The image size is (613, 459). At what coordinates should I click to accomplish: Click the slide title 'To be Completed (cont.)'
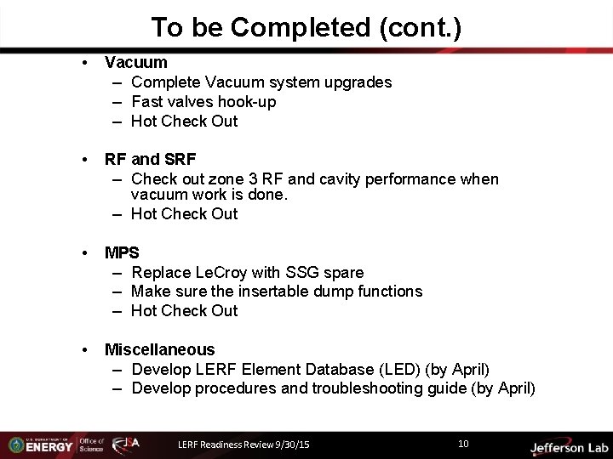pyautogui.click(x=306, y=27)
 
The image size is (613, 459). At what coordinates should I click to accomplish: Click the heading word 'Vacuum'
pyautogui.click(x=135, y=62)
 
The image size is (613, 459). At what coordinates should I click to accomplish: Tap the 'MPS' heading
pyautogui.click(x=122, y=252)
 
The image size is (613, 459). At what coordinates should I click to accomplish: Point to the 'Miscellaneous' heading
pyautogui.click(x=159, y=349)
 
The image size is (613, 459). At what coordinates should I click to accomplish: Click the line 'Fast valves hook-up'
pyautogui.click(x=203, y=101)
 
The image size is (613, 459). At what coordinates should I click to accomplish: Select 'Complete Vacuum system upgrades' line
pyautogui.click(x=261, y=82)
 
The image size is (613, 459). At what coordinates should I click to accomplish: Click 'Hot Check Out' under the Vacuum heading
pyautogui.click(x=185, y=121)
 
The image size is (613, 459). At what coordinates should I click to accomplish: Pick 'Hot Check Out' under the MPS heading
pyautogui.click(x=185, y=310)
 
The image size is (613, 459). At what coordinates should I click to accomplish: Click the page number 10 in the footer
pyautogui.click(x=463, y=443)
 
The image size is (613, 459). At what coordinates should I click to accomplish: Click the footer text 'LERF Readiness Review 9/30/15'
pyautogui.click(x=243, y=444)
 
